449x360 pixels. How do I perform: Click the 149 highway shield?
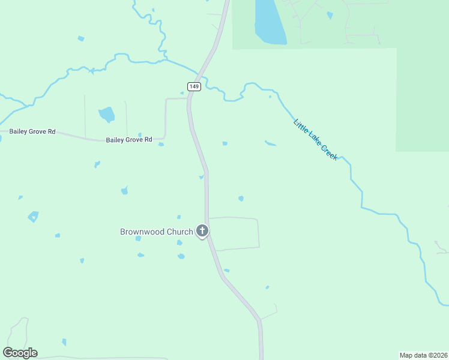click(193, 86)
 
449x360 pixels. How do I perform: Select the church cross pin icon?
click(203, 230)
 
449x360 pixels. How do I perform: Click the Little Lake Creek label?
click(316, 139)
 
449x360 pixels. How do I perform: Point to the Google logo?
click(20, 353)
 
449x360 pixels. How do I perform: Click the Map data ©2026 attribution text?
click(423, 355)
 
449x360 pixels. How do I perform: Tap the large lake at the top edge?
click(270, 21)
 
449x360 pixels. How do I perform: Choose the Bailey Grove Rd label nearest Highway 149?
click(130, 140)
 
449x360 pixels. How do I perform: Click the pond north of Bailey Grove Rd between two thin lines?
click(107, 113)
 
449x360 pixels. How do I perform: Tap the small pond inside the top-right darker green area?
click(330, 15)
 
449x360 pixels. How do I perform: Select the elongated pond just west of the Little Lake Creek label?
click(270, 143)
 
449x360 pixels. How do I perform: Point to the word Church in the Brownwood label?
click(180, 232)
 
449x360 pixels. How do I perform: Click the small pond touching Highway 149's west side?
click(202, 176)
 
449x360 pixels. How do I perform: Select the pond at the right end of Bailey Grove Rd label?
click(161, 144)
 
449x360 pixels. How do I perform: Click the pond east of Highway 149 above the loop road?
click(241, 198)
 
